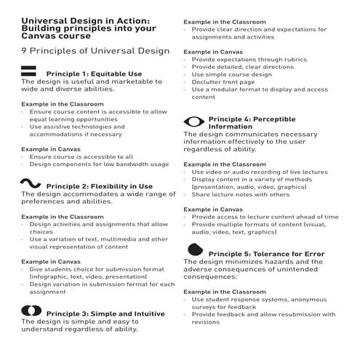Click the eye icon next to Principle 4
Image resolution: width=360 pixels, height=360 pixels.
(x=193, y=120)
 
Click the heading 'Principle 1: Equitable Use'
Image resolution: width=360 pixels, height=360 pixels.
(x=92, y=74)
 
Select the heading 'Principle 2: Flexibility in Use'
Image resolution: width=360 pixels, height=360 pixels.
(x=99, y=186)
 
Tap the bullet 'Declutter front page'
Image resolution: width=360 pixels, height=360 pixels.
(x=228, y=81)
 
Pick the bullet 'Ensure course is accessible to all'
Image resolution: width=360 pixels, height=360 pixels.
(x=81, y=156)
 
